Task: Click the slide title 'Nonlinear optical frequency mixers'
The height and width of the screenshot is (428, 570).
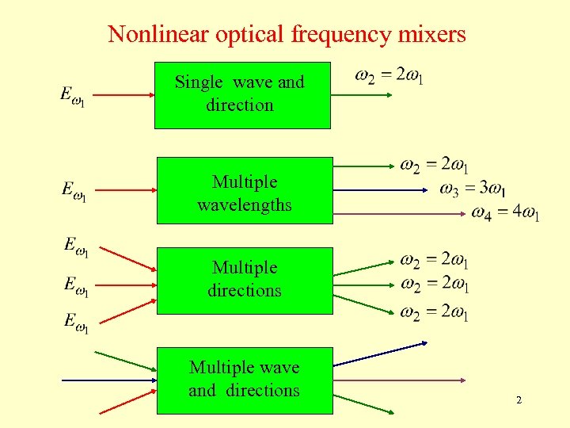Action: click(x=287, y=34)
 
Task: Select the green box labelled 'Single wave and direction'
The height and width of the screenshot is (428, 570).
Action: click(x=241, y=94)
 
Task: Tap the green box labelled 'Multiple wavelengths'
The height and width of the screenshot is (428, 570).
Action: click(x=245, y=191)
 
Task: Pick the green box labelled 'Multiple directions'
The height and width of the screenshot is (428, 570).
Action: click(x=245, y=280)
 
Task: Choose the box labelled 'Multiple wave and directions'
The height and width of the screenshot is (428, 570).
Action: click(x=245, y=380)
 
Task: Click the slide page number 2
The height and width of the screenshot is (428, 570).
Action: click(x=519, y=400)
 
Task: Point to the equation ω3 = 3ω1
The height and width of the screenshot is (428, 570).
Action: click(x=473, y=189)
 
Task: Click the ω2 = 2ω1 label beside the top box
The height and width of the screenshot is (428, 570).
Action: click(x=389, y=76)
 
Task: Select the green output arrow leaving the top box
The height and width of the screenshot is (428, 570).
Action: click(x=361, y=95)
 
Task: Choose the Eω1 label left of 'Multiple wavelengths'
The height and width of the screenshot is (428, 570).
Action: click(x=74, y=191)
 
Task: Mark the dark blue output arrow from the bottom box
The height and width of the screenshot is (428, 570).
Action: click(x=380, y=353)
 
